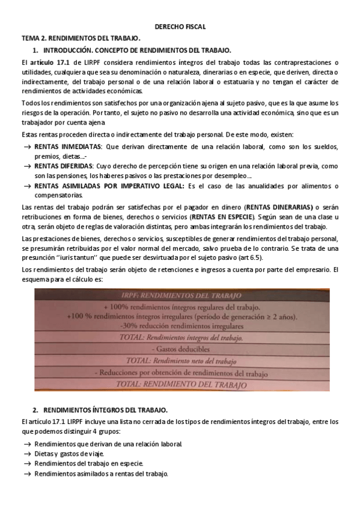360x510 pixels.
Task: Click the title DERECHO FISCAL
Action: (x=180, y=26)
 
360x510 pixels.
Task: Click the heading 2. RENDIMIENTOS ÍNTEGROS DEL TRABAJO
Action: (x=95, y=410)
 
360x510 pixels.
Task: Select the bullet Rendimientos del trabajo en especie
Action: (x=89, y=464)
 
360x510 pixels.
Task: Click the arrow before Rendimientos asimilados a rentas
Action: (x=27, y=474)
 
